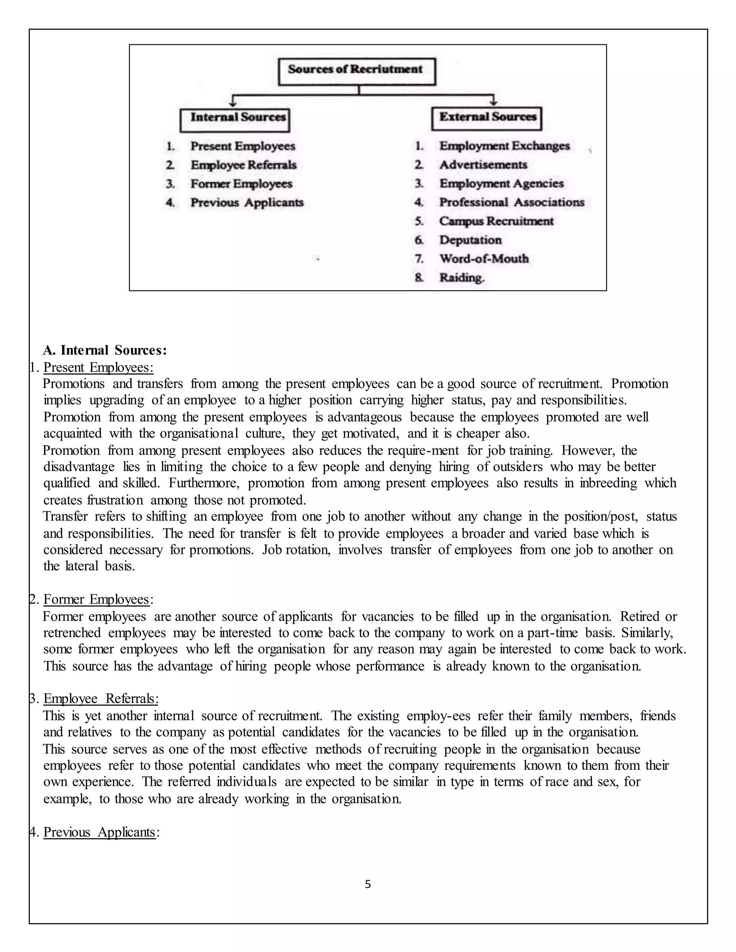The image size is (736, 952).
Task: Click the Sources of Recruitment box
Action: pos(356,71)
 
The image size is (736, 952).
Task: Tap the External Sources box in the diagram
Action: pos(486,118)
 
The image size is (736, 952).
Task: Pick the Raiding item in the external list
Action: pos(461,278)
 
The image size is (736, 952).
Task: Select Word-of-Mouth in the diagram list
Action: pos(484,259)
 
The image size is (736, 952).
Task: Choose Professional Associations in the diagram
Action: pos(511,203)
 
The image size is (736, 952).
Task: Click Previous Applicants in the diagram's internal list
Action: pos(247,203)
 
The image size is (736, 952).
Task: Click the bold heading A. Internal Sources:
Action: pos(105,350)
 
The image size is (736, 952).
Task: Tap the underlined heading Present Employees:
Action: pos(98,368)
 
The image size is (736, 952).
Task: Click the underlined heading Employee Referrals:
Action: pos(101,699)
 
